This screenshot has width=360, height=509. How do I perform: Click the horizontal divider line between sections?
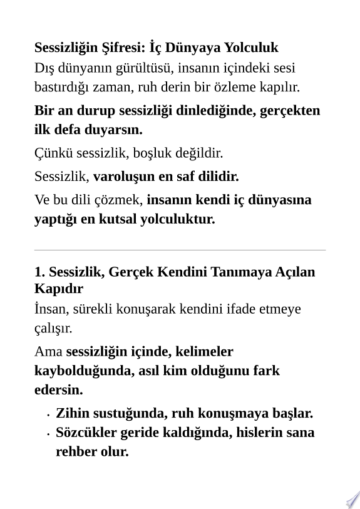click(180, 250)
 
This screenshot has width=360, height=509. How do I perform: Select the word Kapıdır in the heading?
click(58, 289)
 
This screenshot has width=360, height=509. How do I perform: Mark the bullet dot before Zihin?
click(48, 414)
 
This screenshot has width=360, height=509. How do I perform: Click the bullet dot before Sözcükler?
click(48, 433)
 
